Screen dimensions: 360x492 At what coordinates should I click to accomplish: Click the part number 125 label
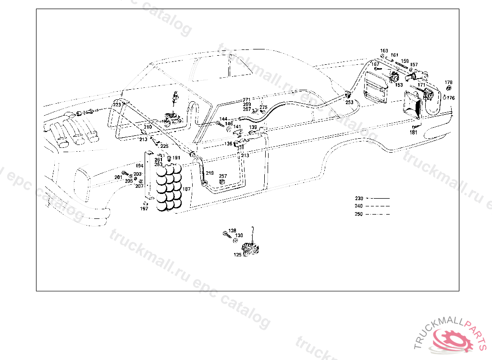click(238, 255)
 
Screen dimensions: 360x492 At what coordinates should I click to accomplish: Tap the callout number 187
click(186, 190)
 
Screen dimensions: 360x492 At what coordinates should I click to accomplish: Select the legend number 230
click(359, 198)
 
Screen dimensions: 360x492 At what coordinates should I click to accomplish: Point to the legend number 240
click(359, 206)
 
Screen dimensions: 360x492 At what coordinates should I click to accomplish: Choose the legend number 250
click(359, 214)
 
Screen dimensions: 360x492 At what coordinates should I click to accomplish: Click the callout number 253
click(349, 102)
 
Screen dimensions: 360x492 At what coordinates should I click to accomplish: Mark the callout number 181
click(414, 132)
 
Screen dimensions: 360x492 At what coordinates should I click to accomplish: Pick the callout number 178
click(448, 83)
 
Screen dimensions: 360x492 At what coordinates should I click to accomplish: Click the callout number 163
click(384, 51)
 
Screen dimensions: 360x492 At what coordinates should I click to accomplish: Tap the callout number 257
click(223, 176)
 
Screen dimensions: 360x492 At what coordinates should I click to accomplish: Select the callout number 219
click(210, 173)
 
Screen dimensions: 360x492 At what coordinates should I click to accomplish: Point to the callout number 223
click(117, 104)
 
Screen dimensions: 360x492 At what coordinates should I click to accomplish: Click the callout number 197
click(144, 209)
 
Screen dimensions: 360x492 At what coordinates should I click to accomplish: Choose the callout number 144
click(223, 119)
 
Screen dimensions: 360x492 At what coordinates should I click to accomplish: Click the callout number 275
click(263, 108)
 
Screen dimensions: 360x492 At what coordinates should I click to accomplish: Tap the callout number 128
click(233, 231)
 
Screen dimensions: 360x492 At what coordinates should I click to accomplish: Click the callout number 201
click(118, 178)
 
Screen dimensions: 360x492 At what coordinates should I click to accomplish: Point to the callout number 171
click(421, 85)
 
